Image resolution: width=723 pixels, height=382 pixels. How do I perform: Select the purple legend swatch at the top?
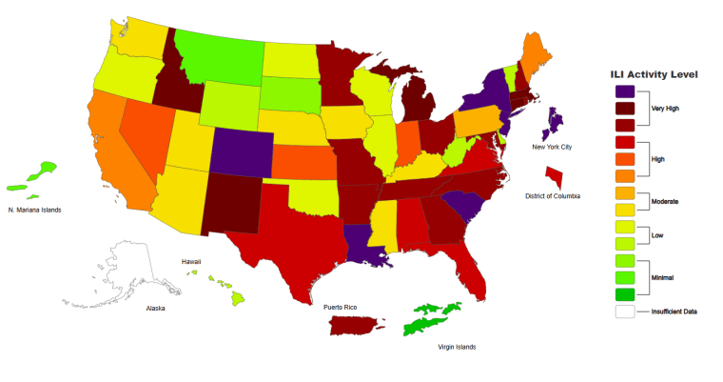pyautogui.click(x=624, y=91)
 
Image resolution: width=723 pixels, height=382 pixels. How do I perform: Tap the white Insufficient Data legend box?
pyautogui.click(x=624, y=311)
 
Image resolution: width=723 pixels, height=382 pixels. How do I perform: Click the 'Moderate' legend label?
pyautogui.click(x=666, y=201)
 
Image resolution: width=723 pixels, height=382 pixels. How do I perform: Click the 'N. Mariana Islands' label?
pyautogui.click(x=34, y=210)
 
